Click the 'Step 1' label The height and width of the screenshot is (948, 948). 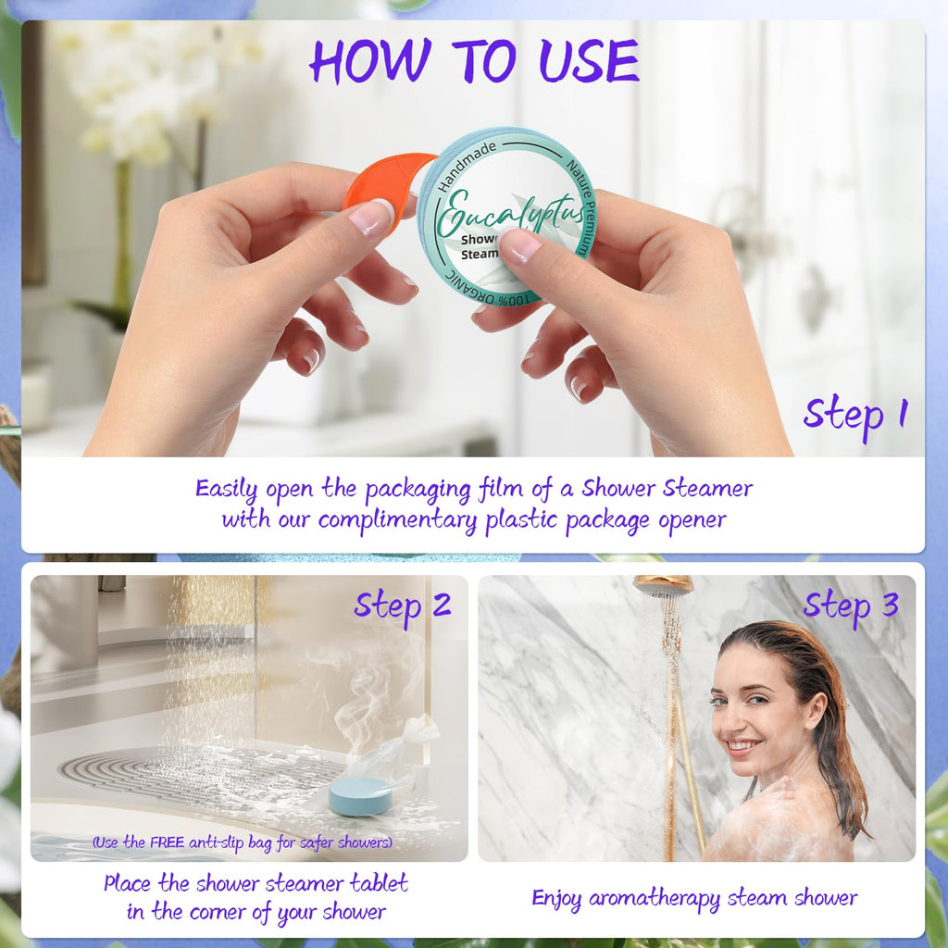coord(855,417)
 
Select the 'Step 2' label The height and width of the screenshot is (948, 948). coord(403,607)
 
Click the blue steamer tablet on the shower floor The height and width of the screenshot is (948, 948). coord(360,795)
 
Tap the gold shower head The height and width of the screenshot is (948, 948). coord(663,585)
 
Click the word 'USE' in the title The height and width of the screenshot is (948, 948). coord(590,60)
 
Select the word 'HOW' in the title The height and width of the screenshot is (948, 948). coord(370,60)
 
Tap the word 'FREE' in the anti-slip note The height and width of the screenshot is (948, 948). coord(167,842)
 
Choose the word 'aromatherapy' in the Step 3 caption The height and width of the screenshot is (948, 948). coord(655,899)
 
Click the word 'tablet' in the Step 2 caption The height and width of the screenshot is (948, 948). coord(379,883)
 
